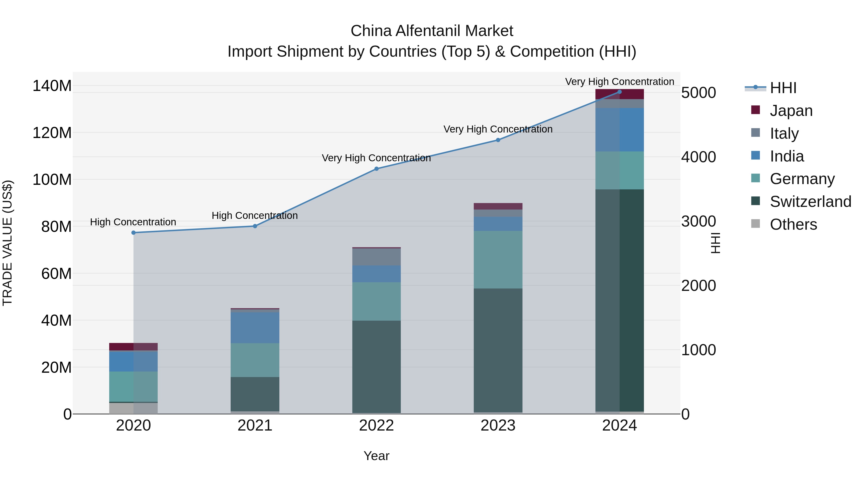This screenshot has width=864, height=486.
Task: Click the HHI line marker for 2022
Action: tap(376, 169)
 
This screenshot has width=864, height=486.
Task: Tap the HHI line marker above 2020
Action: tap(133, 232)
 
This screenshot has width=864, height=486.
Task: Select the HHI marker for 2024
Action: tap(619, 92)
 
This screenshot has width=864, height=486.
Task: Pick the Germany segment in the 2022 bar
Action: tap(376, 301)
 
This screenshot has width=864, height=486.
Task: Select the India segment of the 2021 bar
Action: tap(255, 328)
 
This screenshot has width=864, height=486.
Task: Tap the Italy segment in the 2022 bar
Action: tap(376, 257)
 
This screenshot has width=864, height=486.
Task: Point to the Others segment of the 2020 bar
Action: tap(133, 408)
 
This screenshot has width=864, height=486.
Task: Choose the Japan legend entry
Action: tap(791, 111)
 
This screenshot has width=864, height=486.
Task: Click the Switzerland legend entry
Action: tap(810, 202)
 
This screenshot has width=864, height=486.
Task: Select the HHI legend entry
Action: tap(783, 88)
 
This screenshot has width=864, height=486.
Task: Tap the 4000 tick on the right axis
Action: tap(699, 157)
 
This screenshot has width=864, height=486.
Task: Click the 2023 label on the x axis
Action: tap(498, 426)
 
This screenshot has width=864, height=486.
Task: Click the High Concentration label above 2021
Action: tap(255, 215)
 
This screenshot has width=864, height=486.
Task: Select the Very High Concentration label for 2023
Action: tap(498, 129)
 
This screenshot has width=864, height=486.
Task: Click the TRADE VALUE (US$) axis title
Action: tap(7, 243)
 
